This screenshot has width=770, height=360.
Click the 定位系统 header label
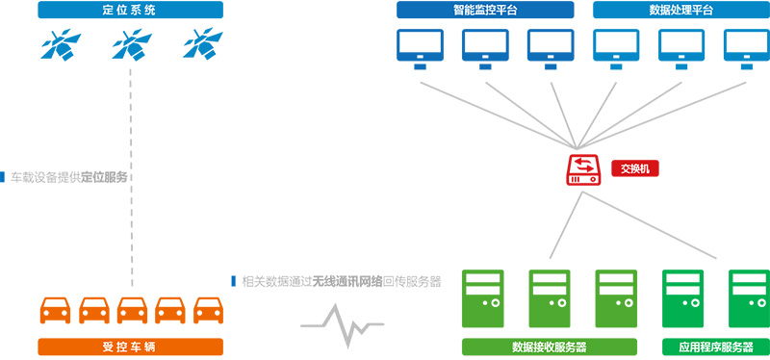pos(131,10)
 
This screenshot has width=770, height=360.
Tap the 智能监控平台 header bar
pos(485,10)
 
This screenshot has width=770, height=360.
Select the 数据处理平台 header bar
pos(681,10)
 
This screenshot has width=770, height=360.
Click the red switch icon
pos(584,170)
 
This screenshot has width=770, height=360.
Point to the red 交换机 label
pos(635,169)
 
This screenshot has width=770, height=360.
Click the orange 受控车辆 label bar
pos(131,347)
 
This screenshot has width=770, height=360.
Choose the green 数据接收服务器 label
pos(550,347)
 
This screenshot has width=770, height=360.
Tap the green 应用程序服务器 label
pos(716,347)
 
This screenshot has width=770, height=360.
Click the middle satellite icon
pos(132,44)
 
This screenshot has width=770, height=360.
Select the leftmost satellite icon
pos(61,44)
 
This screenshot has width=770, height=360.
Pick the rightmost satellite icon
pos(203,44)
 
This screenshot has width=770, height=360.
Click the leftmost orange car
pos(55,310)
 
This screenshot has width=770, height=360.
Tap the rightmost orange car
pos(208,310)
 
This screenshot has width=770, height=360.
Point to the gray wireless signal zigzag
pos(343,325)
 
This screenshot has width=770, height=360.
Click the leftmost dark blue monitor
pos(420,49)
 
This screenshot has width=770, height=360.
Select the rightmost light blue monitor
pos(747,49)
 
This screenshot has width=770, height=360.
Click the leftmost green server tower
pos(483,298)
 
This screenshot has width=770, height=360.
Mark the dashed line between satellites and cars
pos(132,177)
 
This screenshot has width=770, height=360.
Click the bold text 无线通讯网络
pos(347,281)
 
